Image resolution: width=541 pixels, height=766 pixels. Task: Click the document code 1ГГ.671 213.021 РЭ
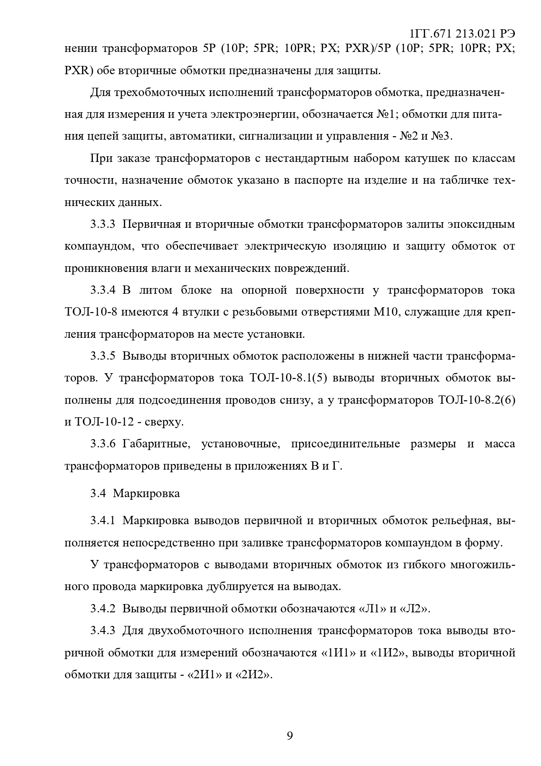[x=463, y=34]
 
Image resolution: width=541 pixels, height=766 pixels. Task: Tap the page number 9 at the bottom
[x=290, y=736]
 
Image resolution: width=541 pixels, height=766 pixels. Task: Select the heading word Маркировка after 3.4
[x=146, y=494]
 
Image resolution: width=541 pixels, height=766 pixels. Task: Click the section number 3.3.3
[x=103, y=225]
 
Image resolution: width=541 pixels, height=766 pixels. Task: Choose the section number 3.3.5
[x=103, y=356]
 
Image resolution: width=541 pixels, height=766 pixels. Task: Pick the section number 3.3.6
[x=103, y=444]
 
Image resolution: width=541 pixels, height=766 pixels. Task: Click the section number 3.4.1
[x=103, y=521]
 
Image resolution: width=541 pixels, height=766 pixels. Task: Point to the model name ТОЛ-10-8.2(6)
[x=476, y=400]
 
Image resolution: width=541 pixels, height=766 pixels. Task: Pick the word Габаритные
[x=157, y=444]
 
